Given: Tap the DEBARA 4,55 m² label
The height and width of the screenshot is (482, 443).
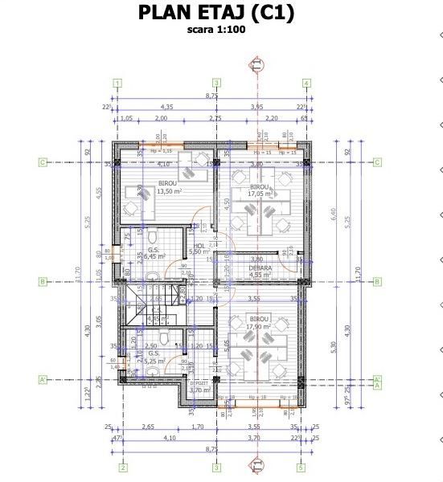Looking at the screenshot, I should pyautogui.click(x=260, y=272).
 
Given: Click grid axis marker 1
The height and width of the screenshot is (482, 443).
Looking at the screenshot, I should pyautogui.click(x=117, y=83).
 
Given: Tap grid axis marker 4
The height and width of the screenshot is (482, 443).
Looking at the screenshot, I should pyautogui.click(x=306, y=83).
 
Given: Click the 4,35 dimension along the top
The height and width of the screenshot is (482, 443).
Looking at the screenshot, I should pyautogui.click(x=166, y=106).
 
